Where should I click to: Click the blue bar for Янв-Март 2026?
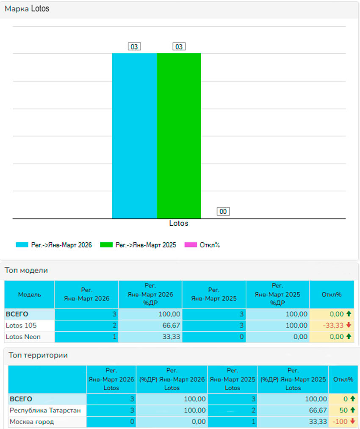(134, 136)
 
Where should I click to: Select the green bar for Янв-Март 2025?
(179, 136)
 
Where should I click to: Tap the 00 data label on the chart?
(223, 211)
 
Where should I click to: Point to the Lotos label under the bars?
(178, 223)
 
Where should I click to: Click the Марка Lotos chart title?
(27, 8)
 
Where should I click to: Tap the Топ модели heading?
(26, 270)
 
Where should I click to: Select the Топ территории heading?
(38, 355)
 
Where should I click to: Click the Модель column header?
(29, 294)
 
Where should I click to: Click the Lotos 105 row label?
(21, 326)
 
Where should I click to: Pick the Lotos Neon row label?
(23, 337)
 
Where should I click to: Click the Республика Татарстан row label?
(45, 410)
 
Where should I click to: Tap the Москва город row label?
(32, 422)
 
